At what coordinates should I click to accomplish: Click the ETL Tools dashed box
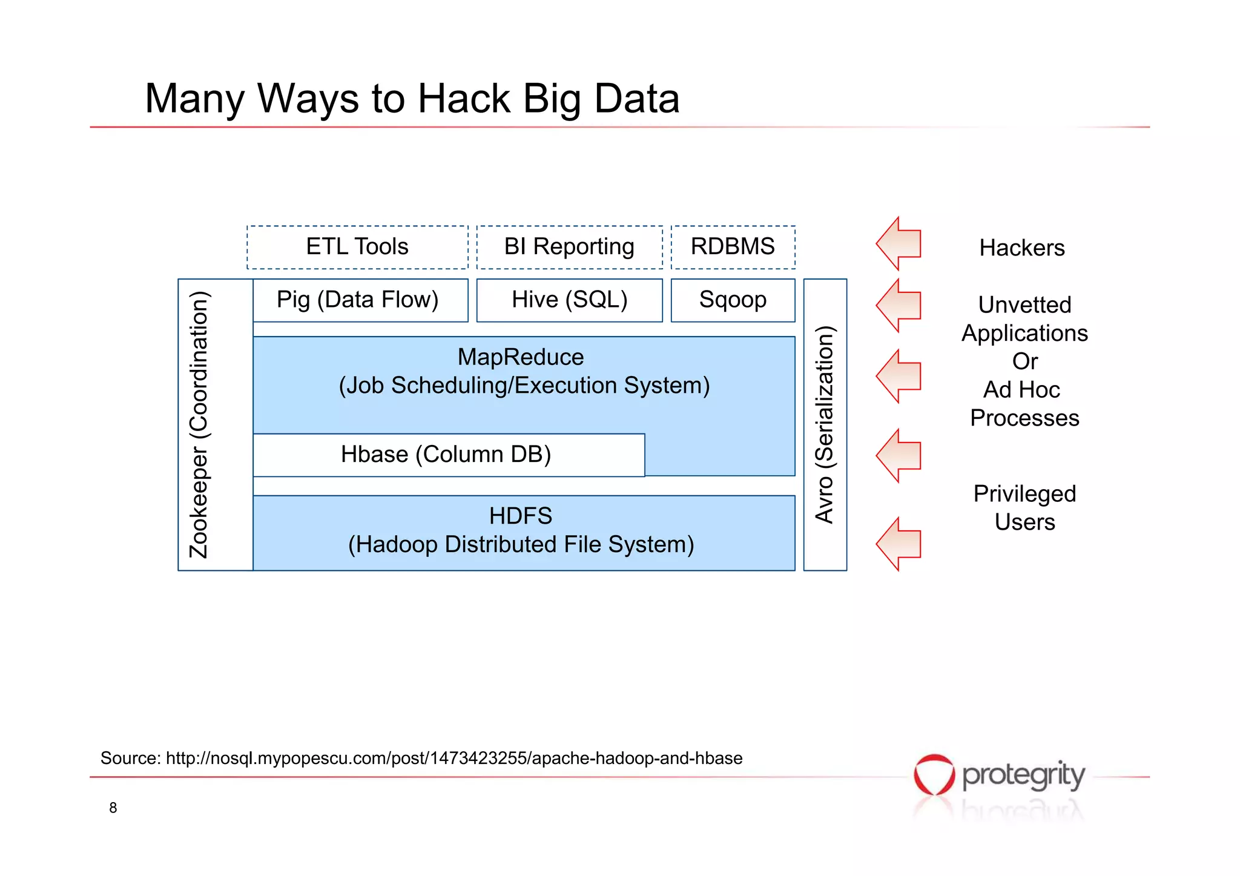pyautogui.click(x=357, y=247)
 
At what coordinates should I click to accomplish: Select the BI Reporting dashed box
pyautogui.click(x=569, y=247)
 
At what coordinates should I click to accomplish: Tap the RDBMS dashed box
pyautogui.click(x=733, y=247)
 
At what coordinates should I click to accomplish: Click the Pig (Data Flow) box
pyautogui.click(x=360, y=300)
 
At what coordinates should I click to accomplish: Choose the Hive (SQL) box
pyautogui.click(x=569, y=300)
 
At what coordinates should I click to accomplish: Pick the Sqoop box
pyautogui.click(x=733, y=300)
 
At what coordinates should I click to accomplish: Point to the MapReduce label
pyautogui.click(x=521, y=357)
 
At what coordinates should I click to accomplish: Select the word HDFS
pyautogui.click(x=521, y=516)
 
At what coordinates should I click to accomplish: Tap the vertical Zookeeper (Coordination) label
pyautogui.click(x=199, y=424)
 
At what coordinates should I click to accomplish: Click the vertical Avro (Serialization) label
pyautogui.click(x=825, y=424)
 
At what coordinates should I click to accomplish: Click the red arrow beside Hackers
pyautogui.click(x=900, y=243)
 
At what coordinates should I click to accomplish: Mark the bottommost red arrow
pyautogui.click(x=900, y=544)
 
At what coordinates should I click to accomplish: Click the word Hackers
pyautogui.click(x=1022, y=248)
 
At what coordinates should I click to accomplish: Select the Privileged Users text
pyautogui.click(x=1024, y=508)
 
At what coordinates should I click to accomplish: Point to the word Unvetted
pyautogui.click(x=1024, y=305)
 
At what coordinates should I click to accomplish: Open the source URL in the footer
pyautogui.click(x=454, y=759)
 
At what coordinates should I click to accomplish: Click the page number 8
pyautogui.click(x=113, y=808)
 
